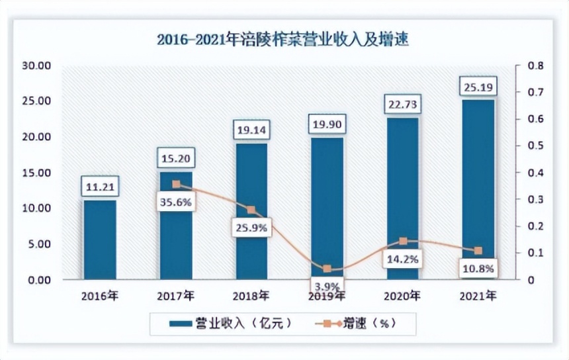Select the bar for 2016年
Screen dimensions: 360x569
(99, 240)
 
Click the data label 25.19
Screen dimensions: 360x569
(478, 85)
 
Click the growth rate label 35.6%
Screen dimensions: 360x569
(175, 202)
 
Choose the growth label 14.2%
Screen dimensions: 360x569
(403, 259)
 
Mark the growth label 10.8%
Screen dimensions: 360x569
(478, 269)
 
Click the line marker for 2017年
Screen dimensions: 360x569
(176, 185)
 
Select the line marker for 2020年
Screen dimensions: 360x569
(403, 242)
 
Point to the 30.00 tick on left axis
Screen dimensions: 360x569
(36, 66)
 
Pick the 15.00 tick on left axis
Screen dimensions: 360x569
(36, 173)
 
